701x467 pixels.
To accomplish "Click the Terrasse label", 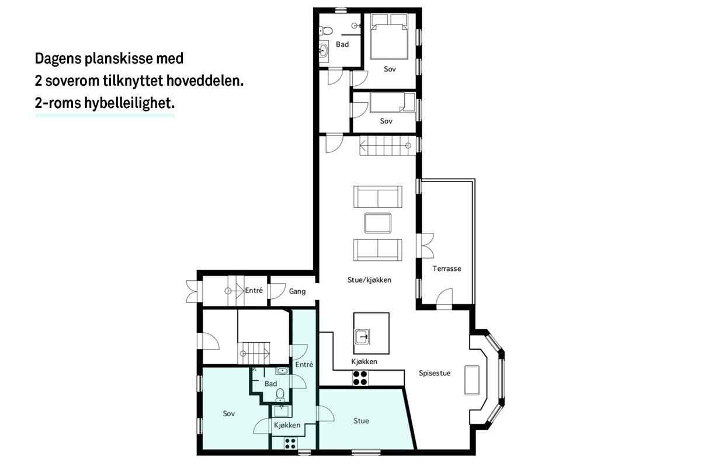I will pos(447,269).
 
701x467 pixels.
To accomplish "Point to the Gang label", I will pos(297,291).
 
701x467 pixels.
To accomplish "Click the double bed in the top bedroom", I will pos(390,35).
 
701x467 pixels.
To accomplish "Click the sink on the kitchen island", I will pos(363,337).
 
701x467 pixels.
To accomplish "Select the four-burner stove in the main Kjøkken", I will pos(360,378).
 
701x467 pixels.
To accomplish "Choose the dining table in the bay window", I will pos(471,381).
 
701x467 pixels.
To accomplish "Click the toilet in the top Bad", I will pos(327,30).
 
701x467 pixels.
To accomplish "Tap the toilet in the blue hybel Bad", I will pos(280,395).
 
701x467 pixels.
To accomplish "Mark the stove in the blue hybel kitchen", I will pos(290,442).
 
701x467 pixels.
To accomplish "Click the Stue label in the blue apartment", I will pos(361,421).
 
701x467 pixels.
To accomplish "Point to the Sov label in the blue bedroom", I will pos(229,414).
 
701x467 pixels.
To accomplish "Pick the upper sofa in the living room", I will pos(377,197).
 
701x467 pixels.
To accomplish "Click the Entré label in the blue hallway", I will pos(304,365).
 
